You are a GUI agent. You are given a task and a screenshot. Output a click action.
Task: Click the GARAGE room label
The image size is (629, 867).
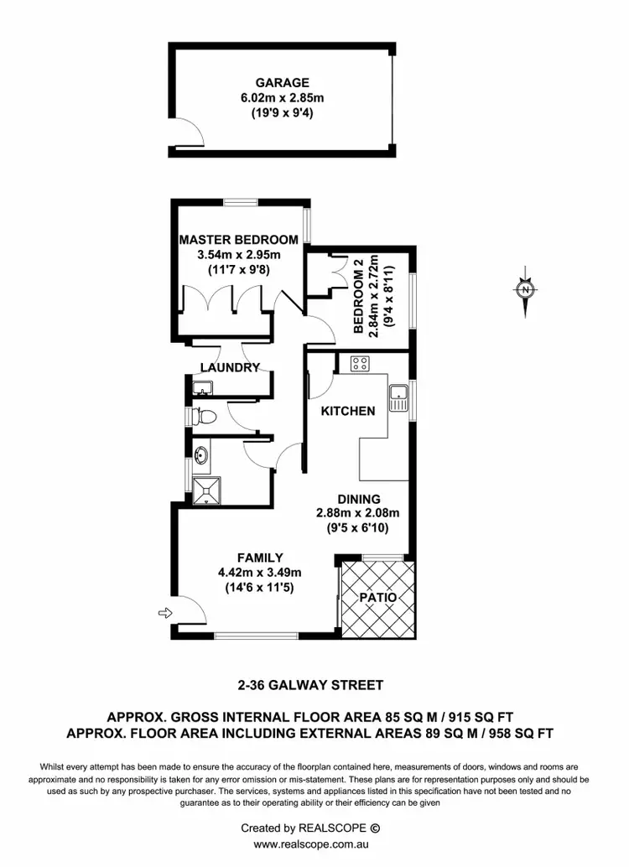click(x=282, y=83)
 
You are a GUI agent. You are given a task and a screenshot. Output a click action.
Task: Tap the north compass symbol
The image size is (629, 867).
click(x=525, y=291)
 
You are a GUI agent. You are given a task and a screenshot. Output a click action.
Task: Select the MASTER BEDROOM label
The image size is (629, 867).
click(x=238, y=240)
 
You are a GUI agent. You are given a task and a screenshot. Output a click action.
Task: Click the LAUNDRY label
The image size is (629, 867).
click(x=231, y=366)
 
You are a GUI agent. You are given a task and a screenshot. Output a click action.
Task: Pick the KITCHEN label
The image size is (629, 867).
click(x=348, y=411)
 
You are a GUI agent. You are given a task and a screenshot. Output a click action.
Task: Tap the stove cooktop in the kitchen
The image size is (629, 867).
click(x=361, y=364)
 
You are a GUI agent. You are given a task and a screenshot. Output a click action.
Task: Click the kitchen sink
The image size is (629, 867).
click(x=398, y=394)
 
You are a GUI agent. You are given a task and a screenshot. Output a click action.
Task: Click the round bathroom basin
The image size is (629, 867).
click(x=201, y=455)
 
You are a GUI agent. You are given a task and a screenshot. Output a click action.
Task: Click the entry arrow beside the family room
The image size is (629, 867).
click(x=164, y=613)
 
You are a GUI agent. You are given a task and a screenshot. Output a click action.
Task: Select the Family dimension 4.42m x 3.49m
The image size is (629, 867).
click(x=260, y=573)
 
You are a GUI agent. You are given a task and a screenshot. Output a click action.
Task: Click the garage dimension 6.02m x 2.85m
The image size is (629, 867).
click(x=282, y=98)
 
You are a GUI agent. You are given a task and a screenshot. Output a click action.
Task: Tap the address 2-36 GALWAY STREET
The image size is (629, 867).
click(x=309, y=684)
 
